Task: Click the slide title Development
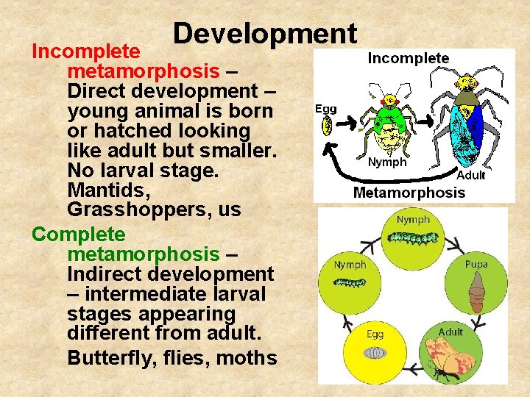click(265, 34)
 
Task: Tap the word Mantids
click(101, 190)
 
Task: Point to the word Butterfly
click(105, 357)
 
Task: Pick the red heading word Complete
click(79, 235)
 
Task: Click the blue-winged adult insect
click(467, 121)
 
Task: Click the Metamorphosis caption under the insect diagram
click(409, 193)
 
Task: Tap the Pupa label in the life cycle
click(476, 264)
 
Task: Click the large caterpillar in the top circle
click(413, 237)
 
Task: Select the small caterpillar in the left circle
click(350, 282)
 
